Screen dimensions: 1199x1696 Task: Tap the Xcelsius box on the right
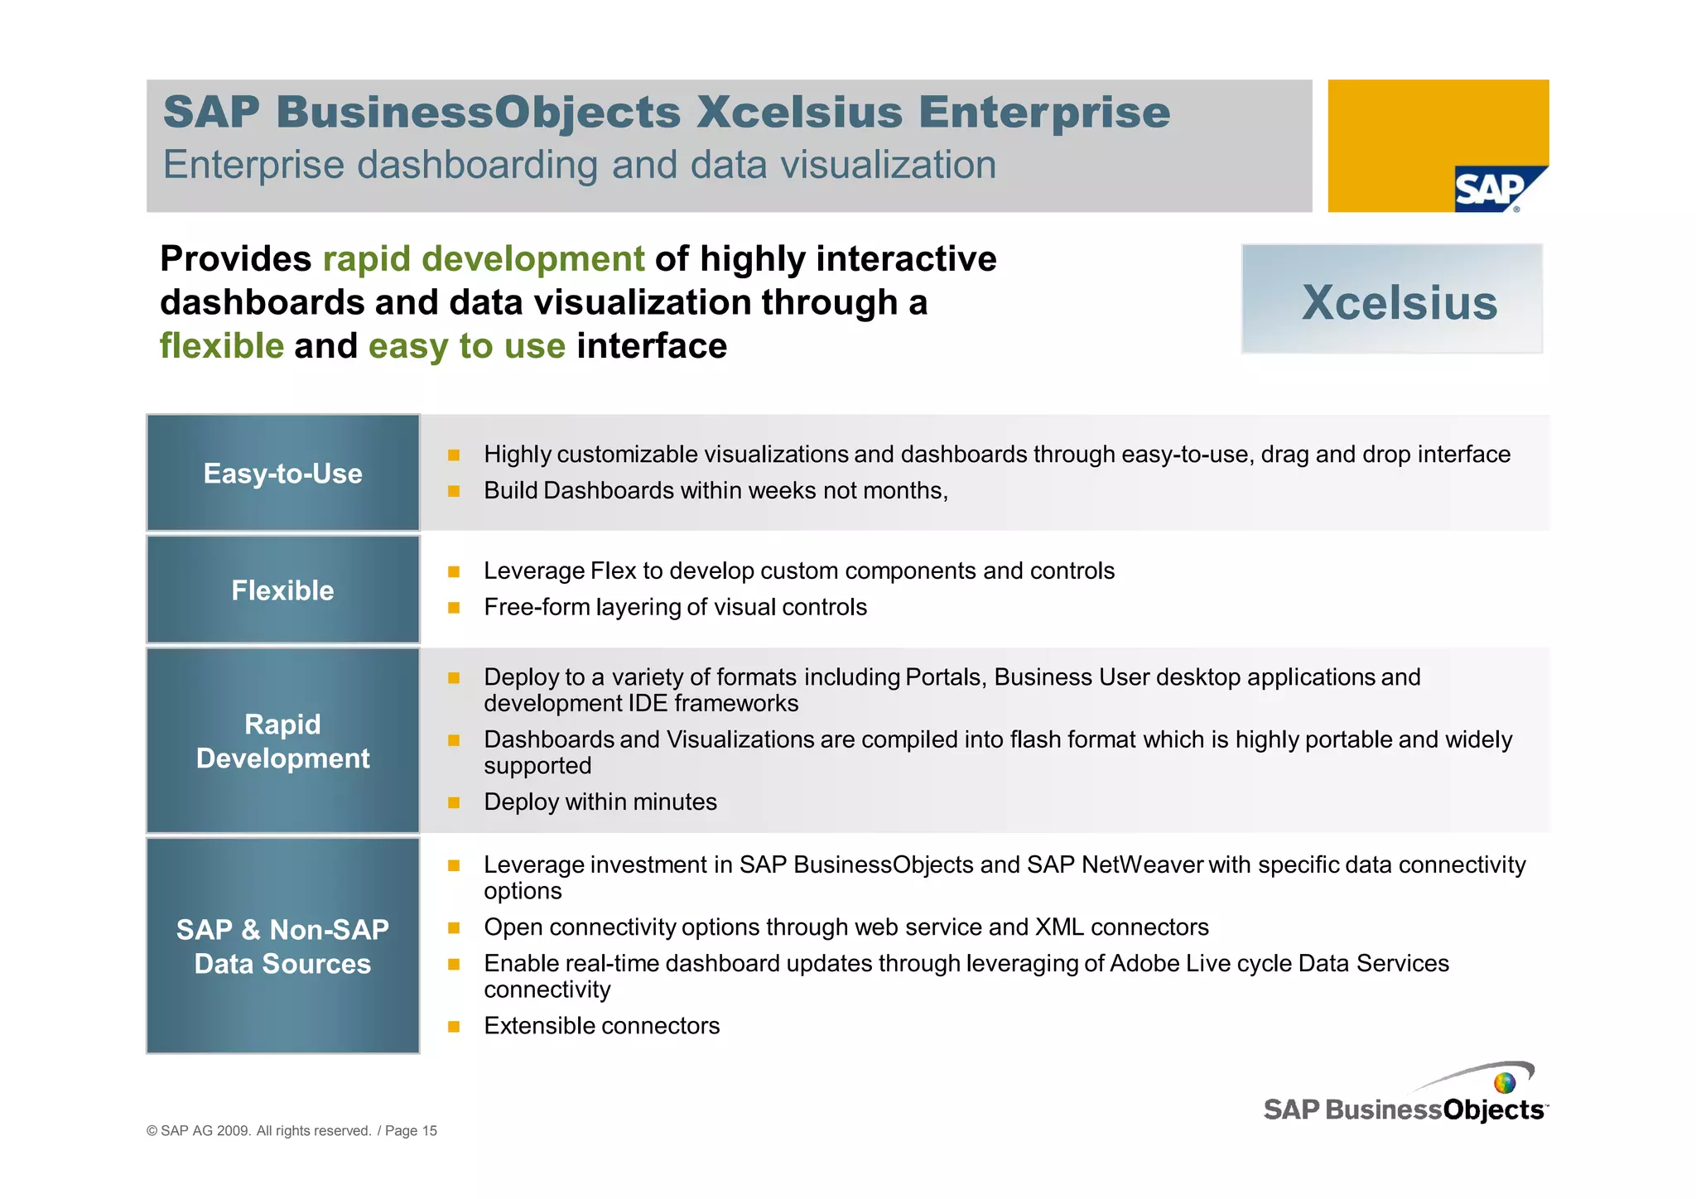click(x=1391, y=299)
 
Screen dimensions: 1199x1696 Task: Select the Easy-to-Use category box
click(x=283, y=473)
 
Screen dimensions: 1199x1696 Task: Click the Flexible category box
click(x=283, y=590)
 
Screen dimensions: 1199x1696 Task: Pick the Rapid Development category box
click(x=283, y=740)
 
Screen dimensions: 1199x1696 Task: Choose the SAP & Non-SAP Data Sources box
click(x=283, y=946)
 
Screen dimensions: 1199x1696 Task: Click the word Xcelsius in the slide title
click(x=799, y=112)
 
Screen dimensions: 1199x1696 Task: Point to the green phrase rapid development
click(x=483, y=258)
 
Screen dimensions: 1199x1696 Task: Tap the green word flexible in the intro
click(x=222, y=345)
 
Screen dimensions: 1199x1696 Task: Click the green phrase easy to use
click(x=466, y=345)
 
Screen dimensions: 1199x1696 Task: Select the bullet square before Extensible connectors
click(x=453, y=1027)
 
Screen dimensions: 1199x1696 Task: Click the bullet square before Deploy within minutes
click(x=453, y=802)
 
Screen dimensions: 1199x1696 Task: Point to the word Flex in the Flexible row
click(x=613, y=571)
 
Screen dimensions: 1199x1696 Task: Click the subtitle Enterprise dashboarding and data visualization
click(x=579, y=165)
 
